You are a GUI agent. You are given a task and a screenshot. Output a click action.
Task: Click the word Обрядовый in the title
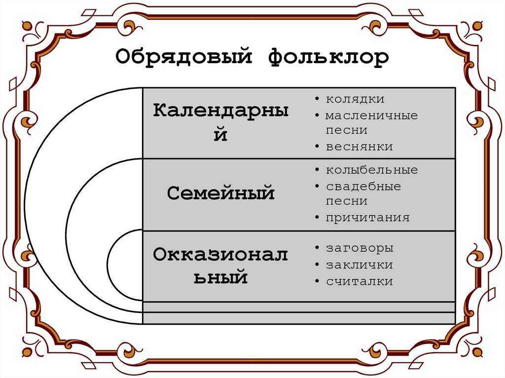click(185, 58)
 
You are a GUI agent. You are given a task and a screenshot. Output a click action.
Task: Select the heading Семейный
click(220, 193)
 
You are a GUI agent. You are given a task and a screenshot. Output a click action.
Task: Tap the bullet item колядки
click(355, 99)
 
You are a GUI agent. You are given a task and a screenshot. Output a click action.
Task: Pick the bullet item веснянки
click(359, 146)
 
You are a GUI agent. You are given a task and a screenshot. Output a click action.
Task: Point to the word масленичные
click(371, 115)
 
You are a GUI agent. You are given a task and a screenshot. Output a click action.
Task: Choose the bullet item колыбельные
click(371, 170)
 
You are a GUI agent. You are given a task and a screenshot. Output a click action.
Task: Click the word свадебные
click(363, 186)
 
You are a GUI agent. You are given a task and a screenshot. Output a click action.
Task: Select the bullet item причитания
click(367, 217)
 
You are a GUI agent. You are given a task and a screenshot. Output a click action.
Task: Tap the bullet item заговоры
click(359, 248)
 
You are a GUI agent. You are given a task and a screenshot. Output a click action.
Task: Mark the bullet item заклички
click(359, 265)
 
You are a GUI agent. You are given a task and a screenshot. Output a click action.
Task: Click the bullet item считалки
click(359, 281)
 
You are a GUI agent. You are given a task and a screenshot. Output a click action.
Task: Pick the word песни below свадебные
click(346, 202)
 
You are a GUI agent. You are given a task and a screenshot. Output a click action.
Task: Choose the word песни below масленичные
click(346, 131)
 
